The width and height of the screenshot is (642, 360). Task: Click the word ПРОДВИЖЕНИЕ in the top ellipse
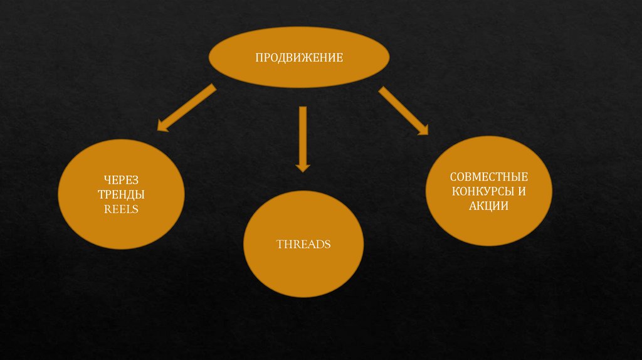point(298,58)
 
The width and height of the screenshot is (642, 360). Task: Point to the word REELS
point(121,208)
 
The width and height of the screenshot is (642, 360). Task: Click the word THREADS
point(303,244)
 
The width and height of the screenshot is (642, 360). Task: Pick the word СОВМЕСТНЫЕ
point(489,177)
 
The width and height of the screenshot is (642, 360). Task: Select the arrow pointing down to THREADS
point(303,135)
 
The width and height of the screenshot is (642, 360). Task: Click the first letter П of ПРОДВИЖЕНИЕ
point(258,58)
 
